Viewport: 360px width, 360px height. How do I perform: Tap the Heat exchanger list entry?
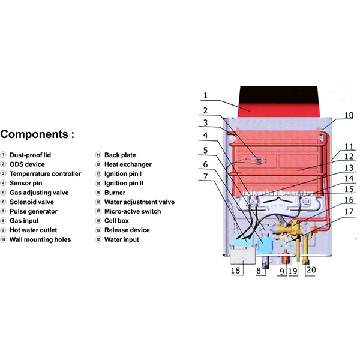128,164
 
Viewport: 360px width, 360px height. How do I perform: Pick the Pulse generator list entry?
34,211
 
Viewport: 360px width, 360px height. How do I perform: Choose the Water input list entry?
121,239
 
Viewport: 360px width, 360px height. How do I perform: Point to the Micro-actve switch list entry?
132,211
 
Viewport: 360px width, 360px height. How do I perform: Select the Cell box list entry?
118,221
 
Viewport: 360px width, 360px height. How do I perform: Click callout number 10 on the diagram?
349,115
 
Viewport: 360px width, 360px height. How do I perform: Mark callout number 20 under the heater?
310,271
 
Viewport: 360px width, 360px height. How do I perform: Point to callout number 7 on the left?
205,177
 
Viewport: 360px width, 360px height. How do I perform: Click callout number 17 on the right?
349,211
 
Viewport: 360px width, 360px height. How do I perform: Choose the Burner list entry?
115,193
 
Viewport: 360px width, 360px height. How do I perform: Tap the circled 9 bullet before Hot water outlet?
4,230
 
